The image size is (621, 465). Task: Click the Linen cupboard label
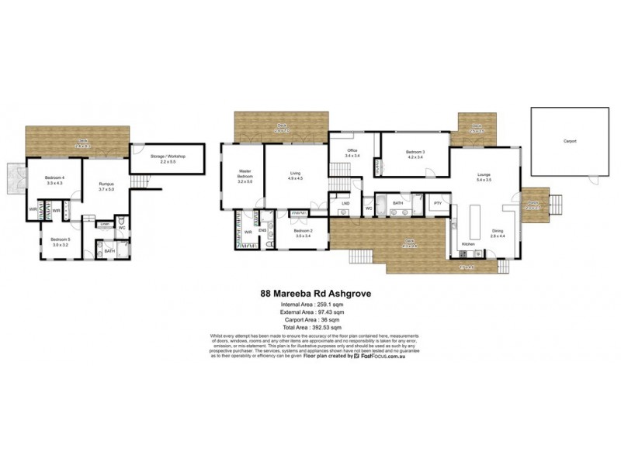[x=103, y=224]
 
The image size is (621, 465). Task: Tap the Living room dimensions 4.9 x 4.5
[x=295, y=178]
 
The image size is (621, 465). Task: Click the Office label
[x=351, y=150]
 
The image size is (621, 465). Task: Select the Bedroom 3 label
[x=414, y=152]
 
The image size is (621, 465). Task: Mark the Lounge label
[x=484, y=174]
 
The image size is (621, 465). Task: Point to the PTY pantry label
[x=438, y=203]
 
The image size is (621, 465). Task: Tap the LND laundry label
[x=345, y=203]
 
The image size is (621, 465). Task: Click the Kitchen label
[x=468, y=243]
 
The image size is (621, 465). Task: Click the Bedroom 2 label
[x=303, y=231]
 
